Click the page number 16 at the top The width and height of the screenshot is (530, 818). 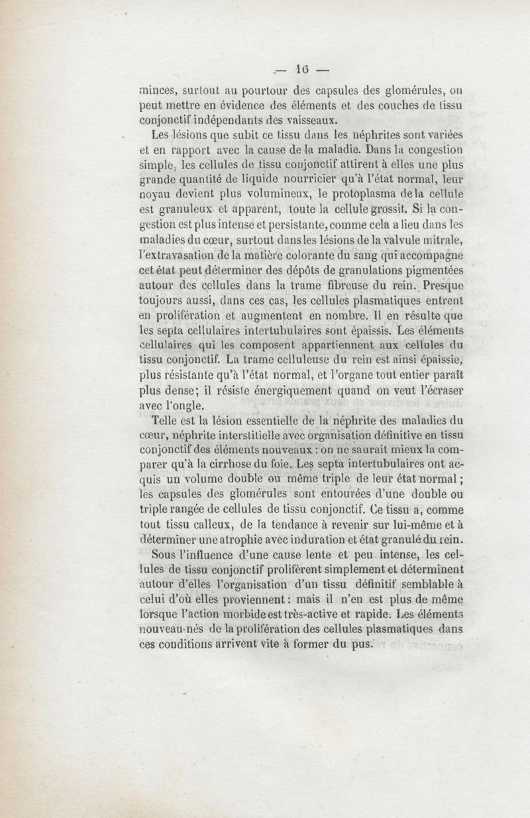[x=304, y=68]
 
